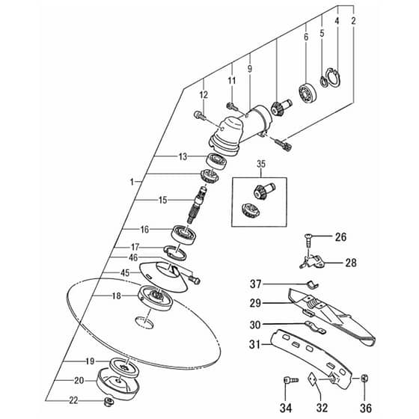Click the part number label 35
click(261, 164)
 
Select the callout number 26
click(340, 237)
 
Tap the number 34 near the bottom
click(286, 408)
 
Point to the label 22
click(73, 400)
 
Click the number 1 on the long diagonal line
click(132, 182)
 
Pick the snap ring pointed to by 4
click(334, 78)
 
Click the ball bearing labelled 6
click(308, 94)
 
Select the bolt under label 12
click(199, 116)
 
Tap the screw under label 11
click(233, 106)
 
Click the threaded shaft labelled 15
click(198, 205)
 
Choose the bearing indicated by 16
click(183, 235)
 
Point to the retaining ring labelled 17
click(175, 253)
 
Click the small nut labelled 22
click(109, 401)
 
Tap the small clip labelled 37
click(312, 285)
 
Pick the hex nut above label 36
click(364, 378)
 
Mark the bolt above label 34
click(291, 380)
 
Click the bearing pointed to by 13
click(216, 162)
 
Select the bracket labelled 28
click(311, 262)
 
